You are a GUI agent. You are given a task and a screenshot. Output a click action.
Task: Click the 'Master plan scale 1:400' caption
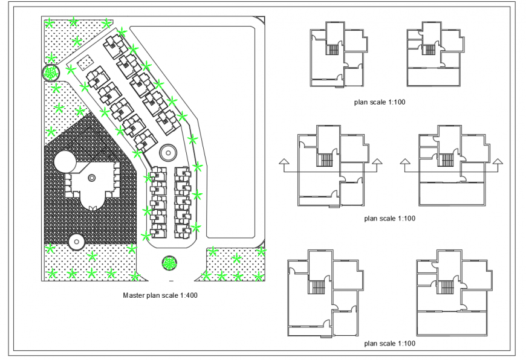click(160, 295)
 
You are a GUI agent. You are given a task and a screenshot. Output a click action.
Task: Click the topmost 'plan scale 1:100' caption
click(380, 102)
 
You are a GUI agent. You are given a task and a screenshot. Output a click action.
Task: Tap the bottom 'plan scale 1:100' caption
click(390, 343)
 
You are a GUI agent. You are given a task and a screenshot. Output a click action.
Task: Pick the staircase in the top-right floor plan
click(428, 50)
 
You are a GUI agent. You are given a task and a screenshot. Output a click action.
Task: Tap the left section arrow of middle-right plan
click(403, 161)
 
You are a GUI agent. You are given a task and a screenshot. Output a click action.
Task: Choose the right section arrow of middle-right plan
click(498, 161)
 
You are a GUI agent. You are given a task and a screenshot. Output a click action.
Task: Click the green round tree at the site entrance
click(170, 263)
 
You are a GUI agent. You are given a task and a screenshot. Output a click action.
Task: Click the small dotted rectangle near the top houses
click(85, 61)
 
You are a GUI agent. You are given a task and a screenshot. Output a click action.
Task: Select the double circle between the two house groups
click(167, 151)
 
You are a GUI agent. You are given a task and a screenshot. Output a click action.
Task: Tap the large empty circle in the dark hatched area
click(65, 162)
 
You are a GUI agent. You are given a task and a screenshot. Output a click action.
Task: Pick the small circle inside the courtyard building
click(92, 178)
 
